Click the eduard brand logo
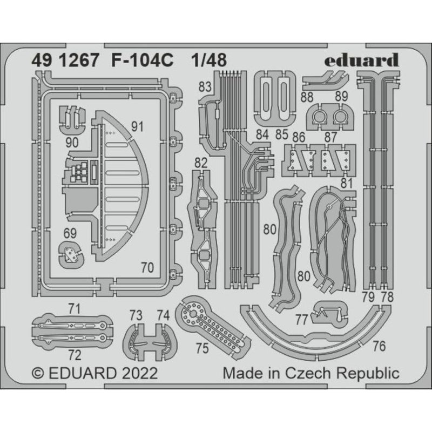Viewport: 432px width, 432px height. (x=361, y=60)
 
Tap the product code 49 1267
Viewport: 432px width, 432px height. (x=65, y=60)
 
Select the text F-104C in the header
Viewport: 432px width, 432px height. (x=143, y=60)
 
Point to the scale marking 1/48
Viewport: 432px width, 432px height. (x=209, y=60)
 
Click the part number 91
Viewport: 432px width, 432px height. (x=137, y=127)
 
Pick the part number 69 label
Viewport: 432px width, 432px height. (x=70, y=234)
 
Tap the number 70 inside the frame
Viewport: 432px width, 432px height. (x=147, y=267)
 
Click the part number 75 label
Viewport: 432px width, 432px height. (x=202, y=348)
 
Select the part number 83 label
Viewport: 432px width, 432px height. (x=205, y=87)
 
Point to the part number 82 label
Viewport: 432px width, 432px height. (x=201, y=163)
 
